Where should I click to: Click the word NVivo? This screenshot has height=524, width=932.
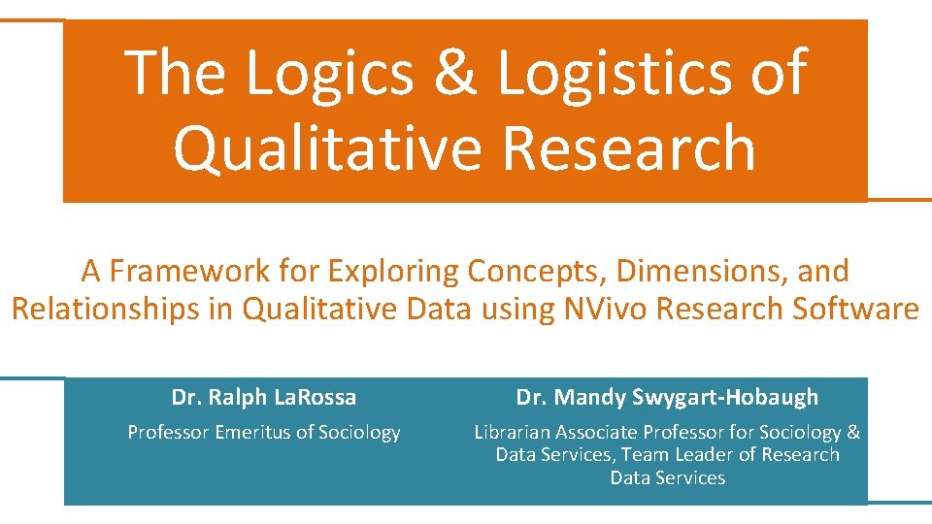click(x=593, y=309)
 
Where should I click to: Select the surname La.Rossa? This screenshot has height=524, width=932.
click(x=315, y=397)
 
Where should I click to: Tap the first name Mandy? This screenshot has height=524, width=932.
click(x=591, y=397)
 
